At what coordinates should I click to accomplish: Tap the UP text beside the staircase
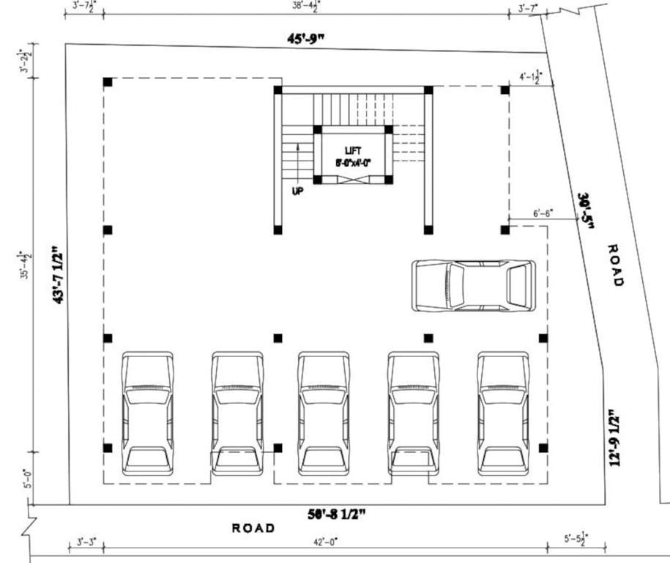coord(297,191)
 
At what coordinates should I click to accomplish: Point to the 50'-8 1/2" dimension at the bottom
coord(338,514)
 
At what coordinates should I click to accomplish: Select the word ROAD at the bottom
coord(253,528)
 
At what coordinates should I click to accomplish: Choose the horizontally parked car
coord(473,284)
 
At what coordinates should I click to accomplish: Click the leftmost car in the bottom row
coord(147,413)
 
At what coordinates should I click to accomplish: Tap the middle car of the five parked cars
coord(324,413)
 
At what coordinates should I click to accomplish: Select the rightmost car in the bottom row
coord(504,413)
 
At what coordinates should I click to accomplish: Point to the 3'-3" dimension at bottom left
coord(85,542)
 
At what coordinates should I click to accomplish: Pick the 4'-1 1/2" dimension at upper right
coord(529,77)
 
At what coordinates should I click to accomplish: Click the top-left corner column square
coord(107,81)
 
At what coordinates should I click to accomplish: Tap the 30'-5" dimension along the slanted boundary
coord(586,211)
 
